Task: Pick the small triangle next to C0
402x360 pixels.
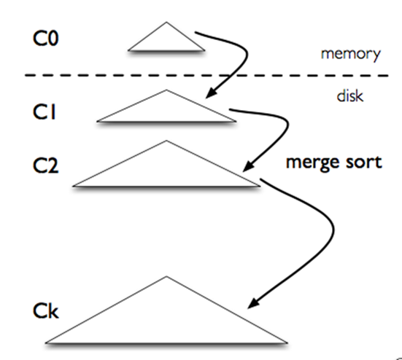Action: tap(166, 39)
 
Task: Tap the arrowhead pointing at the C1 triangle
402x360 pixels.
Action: tap(212, 93)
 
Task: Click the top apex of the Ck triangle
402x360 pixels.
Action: tap(166, 277)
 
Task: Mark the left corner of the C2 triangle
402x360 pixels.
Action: tap(74, 186)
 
